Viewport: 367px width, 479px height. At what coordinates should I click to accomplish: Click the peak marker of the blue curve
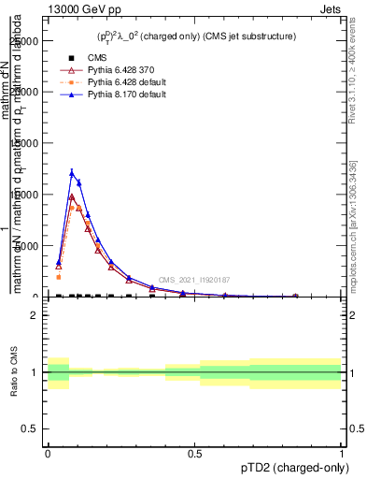click(72, 173)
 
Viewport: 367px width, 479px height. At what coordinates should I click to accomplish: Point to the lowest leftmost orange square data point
click(59, 277)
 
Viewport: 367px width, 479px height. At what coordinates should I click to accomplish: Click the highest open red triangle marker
click(72, 196)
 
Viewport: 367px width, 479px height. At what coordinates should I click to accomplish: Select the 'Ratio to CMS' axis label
click(14, 371)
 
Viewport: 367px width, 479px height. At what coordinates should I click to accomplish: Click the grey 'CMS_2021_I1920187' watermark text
click(193, 280)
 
